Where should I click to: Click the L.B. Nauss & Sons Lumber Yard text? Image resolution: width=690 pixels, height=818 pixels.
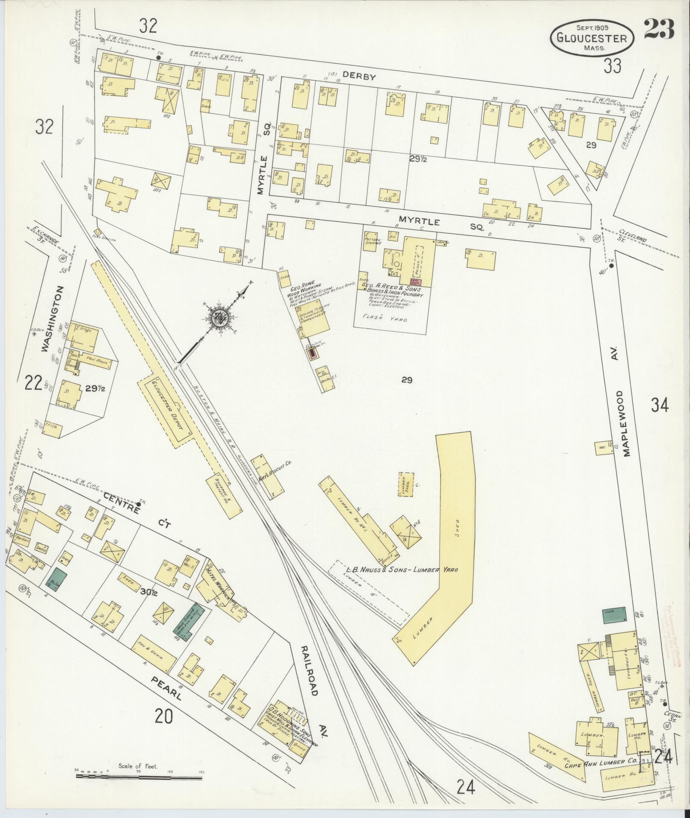[402, 570]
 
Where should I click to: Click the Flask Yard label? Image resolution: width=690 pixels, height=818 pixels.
[391, 319]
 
